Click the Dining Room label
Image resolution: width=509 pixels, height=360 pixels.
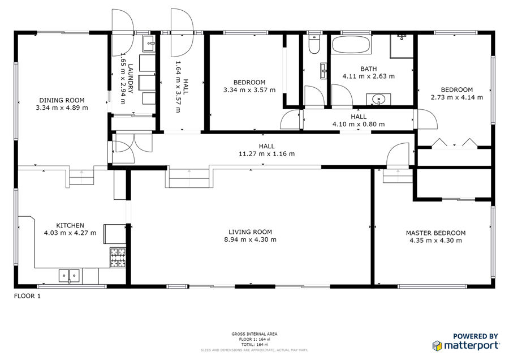point(62,100)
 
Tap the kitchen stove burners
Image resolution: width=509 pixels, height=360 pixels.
point(118,258)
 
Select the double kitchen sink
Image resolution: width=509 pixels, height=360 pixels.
point(69,276)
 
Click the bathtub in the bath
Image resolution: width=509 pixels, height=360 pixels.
point(351,45)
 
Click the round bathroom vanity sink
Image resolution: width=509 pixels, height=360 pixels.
point(378,99)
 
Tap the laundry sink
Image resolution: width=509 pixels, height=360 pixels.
point(149,43)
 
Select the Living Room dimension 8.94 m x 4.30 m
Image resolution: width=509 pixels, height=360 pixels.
point(251,240)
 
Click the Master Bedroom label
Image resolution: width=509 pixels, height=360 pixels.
point(435,233)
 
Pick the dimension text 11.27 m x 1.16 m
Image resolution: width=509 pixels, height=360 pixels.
point(267,154)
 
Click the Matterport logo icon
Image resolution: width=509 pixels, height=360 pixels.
point(437,346)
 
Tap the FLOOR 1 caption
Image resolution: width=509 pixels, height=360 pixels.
point(27,296)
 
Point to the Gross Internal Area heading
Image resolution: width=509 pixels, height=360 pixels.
point(255,334)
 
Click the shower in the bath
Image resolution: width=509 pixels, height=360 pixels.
point(402,46)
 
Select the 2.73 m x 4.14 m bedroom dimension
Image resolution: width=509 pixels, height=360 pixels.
point(457,97)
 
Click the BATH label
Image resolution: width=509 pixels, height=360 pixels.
point(368,69)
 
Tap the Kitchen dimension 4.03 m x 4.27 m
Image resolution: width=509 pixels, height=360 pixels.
point(70,233)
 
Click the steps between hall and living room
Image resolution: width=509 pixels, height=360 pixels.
point(189,178)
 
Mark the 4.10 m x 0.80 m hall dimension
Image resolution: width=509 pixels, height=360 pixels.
point(359,124)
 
